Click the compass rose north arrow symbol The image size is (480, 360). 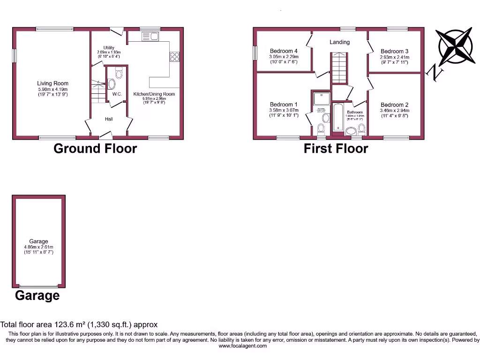tap(454, 47)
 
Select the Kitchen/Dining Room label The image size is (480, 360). tap(154, 94)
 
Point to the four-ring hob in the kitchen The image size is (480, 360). tap(174, 56)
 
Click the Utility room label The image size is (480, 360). tap(109, 48)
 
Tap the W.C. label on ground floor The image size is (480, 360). tap(117, 94)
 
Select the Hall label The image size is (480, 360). tap(109, 119)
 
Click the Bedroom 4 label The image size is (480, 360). tap(284, 51)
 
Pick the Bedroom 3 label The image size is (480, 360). tap(394, 52)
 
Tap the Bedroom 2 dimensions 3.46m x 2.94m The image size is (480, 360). tap(394, 111)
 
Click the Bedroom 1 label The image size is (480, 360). tap(284, 105)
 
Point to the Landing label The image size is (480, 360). tap(339, 42)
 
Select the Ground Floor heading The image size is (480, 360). tap(95, 149)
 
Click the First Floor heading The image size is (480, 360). tap(336, 149)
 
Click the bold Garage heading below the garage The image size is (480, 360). tap(37, 296)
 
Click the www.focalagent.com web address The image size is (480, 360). tap(242, 346)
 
